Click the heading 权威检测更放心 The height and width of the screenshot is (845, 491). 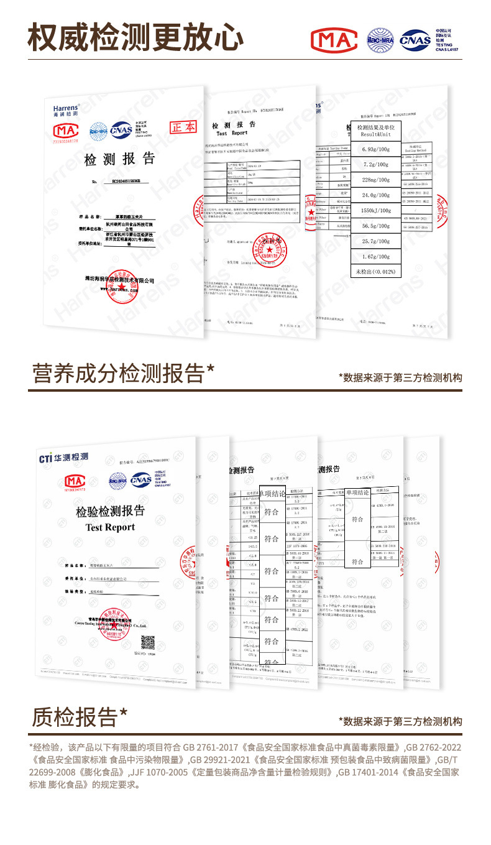(x=135, y=37)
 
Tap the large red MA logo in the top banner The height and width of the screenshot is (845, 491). (x=334, y=40)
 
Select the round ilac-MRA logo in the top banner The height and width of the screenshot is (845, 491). (x=380, y=40)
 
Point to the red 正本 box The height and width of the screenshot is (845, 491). (x=183, y=127)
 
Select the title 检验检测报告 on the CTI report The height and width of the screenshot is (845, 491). (x=110, y=512)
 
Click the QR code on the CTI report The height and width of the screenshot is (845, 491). (x=147, y=642)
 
